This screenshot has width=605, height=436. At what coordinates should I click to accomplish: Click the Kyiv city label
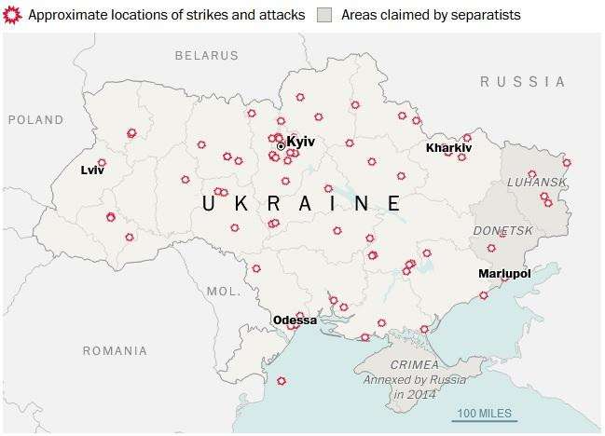(301, 141)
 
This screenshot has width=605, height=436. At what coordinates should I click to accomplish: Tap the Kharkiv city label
(448, 148)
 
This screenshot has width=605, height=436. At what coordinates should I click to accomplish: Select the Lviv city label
(92, 170)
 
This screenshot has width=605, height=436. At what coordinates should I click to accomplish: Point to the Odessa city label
(295, 320)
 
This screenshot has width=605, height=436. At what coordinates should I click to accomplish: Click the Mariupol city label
(503, 274)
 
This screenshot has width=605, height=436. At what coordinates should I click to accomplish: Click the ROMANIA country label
(114, 351)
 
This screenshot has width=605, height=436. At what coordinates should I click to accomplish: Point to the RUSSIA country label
(522, 82)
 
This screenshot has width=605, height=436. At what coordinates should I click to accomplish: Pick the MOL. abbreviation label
(224, 291)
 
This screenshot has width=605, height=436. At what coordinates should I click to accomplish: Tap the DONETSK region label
(502, 230)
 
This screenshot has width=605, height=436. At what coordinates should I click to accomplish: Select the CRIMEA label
(415, 365)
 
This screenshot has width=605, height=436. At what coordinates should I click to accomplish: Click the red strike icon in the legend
(12, 15)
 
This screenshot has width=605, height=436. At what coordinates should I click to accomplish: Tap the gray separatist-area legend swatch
(324, 15)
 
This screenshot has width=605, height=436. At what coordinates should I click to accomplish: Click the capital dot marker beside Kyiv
(281, 146)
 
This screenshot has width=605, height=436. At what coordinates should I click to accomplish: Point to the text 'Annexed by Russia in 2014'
(415, 387)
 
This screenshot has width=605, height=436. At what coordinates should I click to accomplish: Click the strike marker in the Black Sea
(282, 381)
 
